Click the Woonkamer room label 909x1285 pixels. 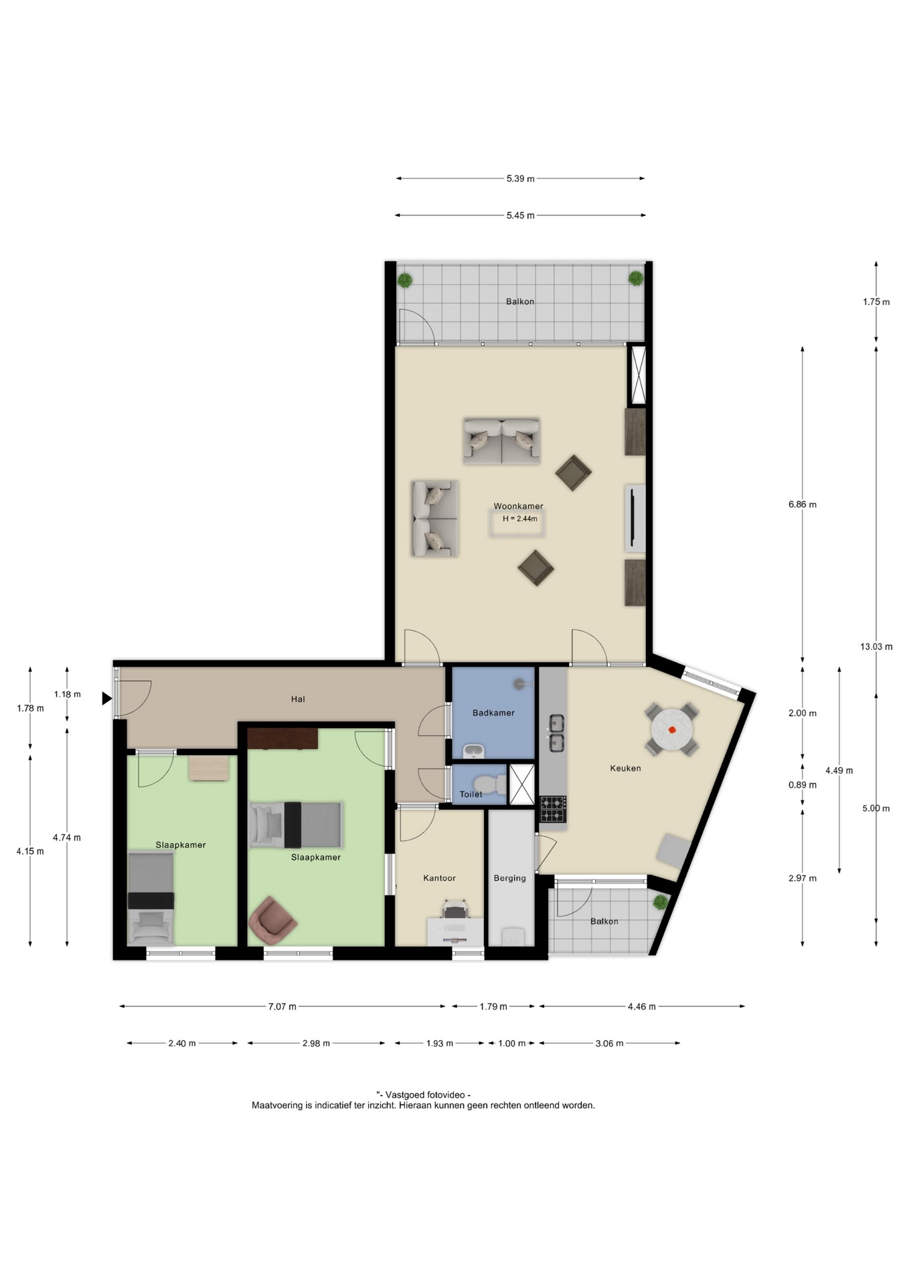518,506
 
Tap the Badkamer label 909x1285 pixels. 493,713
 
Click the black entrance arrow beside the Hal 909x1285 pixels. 106,699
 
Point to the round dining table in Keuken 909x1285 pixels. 672,729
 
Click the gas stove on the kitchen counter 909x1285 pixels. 553,809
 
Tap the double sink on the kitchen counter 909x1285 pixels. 556,733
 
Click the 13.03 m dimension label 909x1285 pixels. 876,647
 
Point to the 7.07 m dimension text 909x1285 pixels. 282,1007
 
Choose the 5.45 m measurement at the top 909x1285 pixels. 520,216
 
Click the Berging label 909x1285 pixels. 509,878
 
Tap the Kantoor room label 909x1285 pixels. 439,878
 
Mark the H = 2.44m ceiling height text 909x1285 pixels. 520,519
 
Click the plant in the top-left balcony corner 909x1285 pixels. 404,279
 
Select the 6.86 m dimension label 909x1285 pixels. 802,505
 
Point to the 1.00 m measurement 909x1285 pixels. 511,1043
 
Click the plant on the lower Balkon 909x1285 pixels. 661,902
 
